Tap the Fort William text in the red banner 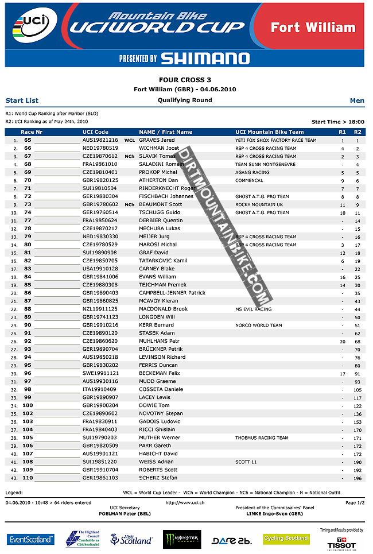click(x=313, y=28)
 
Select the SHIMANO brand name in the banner click(x=205, y=58)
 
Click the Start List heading click(x=22, y=100)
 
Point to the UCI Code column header click(x=95, y=132)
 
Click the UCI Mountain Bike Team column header click(x=270, y=132)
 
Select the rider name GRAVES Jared click(x=157, y=140)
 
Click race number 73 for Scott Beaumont click(x=28, y=204)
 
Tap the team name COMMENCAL click(x=249, y=180)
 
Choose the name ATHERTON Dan click(x=158, y=180)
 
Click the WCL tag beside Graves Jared click(x=130, y=140)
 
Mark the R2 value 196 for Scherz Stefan click(x=358, y=478)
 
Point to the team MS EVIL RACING click(x=254, y=309)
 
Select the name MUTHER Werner click(x=160, y=437)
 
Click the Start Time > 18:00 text click(x=337, y=122)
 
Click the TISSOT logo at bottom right click(x=341, y=543)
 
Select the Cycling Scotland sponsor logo click(x=286, y=538)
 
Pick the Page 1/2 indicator click(x=355, y=502)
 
